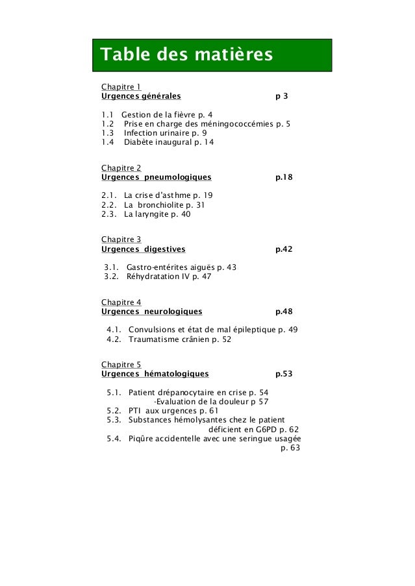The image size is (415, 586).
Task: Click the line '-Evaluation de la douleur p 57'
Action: tap(211, 401)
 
